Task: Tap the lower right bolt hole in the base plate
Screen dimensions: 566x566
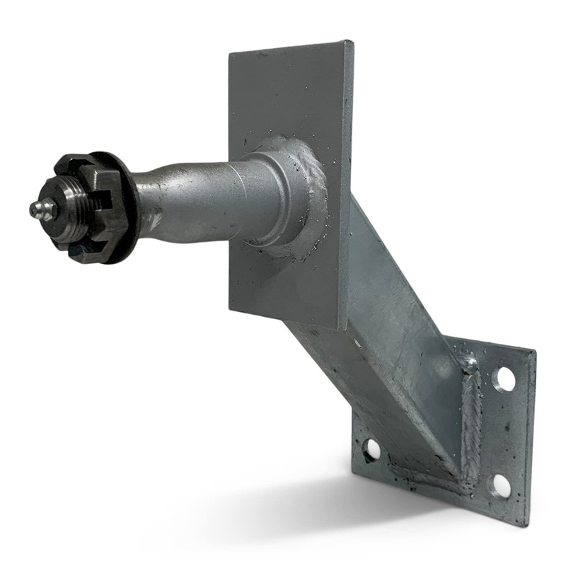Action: (x=501, y=485)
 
